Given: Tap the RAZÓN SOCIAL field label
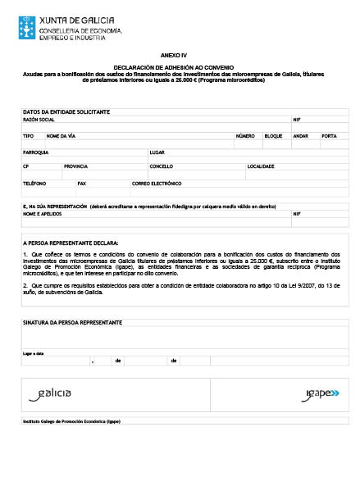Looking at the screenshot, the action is [38, 119].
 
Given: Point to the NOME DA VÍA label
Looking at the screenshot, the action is [62, 135].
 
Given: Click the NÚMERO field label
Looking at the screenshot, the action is [245, 135].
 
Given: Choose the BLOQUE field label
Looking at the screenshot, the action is [273, 135].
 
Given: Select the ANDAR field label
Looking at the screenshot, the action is [300, 135].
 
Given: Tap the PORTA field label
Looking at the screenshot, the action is [329, 135].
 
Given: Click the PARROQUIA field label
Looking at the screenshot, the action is [36, 152].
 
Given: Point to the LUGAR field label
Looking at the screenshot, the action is [157, 152].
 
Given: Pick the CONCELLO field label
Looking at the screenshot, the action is [162, 166].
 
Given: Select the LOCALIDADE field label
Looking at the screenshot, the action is [261, 166].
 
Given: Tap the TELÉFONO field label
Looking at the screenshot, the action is [34, 183].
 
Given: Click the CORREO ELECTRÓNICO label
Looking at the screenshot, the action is [157, 183].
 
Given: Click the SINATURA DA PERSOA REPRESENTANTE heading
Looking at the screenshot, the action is [73, 323].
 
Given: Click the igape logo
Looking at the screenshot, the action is [317, 393].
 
